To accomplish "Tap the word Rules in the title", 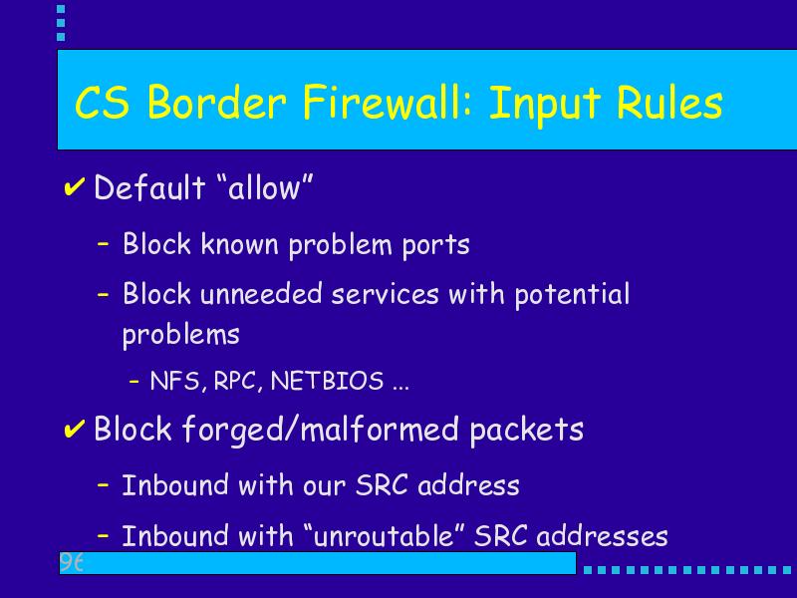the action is [x=668, y=103].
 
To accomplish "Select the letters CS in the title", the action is [x=103, y=103].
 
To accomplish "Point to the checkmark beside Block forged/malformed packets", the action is [x=74, y=429].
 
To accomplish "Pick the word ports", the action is [x=435, y=245].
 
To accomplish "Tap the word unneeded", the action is [x=261, y=294].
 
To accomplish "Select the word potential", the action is [x=572, y=295].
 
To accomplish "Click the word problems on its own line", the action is [x=181, y=336].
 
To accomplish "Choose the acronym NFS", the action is [x=176, y=381].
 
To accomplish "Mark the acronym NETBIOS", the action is [x=327, y=381].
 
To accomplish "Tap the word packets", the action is [x=527, y=430].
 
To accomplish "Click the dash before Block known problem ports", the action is [x=104, y=243].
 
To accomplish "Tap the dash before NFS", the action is [x=134, y=380].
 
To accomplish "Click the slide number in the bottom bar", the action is [x=71, y=562].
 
